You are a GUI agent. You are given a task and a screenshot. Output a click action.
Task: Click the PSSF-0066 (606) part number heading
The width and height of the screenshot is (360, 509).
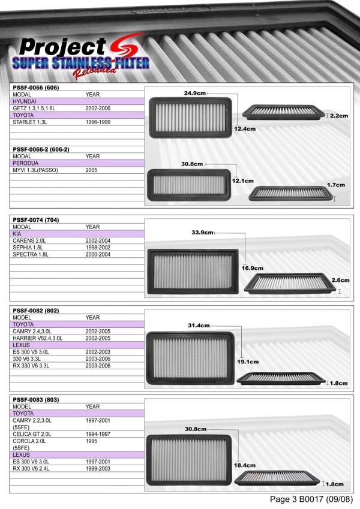(x=36, y=88)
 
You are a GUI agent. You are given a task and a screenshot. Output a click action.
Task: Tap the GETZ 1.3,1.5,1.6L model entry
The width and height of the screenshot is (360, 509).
(x=34, y=109)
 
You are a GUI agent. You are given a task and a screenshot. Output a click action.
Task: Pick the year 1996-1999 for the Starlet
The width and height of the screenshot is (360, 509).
(x=98, y=122)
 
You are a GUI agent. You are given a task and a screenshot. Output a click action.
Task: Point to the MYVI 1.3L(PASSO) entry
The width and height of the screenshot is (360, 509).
(x=35, y=170)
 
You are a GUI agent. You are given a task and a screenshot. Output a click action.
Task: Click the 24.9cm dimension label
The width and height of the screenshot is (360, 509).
(x=195, y=93)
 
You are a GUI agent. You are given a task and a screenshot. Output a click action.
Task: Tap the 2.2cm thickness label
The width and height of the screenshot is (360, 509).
(x=339, y=116)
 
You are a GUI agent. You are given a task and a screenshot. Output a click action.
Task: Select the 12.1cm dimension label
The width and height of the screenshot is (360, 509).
(x=243, y=181)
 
